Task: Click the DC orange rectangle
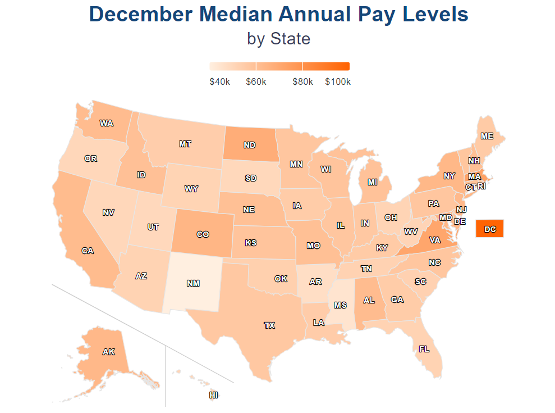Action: click(x=489, y=229)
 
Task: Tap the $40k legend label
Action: click(x=219, y=82)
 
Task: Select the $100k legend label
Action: click(x=338, y=82)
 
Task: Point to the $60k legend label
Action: click(x=256, y=82)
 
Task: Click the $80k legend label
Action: click(x=302, y=82)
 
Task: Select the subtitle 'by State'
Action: click(x=278, y=39)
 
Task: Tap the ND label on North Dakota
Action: click(x=250, y=145)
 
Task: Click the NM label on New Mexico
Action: click(x=193, y=283)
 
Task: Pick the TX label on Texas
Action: click(x=269, y=325)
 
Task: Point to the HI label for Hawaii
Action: click(x=213, y=395)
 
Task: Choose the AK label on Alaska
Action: click(x=108, y=352)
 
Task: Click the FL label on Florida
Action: click(x=424, y=349)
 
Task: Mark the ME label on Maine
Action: click(x=487, y=136)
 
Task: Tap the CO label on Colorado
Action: click(x=203, y=235)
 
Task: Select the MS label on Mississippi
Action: click(x=340, y=305)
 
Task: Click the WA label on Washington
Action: click(x=106, y=123)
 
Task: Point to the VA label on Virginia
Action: click(x=434, y=240)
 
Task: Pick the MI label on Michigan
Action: click(x=372, y=182)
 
